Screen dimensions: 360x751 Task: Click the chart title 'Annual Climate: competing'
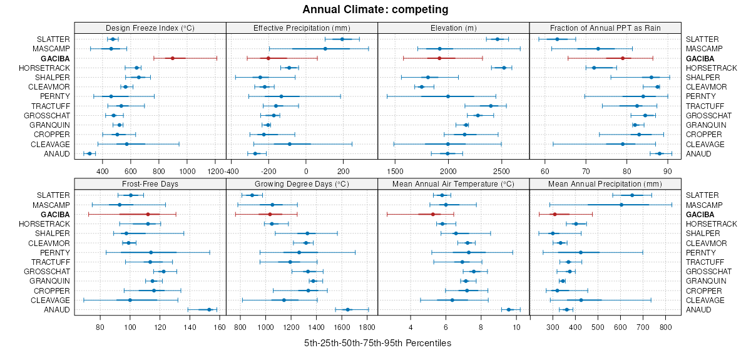[375, 9]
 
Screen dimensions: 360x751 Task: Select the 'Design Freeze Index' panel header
[150, 28]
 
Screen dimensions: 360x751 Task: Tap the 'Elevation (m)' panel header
[454, 28]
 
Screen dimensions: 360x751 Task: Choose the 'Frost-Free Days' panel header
[150, 184]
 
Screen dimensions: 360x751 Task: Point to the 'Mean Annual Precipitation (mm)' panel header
[605, 184]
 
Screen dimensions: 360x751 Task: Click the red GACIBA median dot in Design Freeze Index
[173, 58]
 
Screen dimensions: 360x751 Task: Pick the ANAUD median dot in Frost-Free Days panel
[209, 310]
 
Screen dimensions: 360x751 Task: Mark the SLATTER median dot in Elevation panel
[498, 39]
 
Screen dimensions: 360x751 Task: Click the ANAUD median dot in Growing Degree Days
[348, 310]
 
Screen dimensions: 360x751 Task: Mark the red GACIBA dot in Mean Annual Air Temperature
[432, 215]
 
